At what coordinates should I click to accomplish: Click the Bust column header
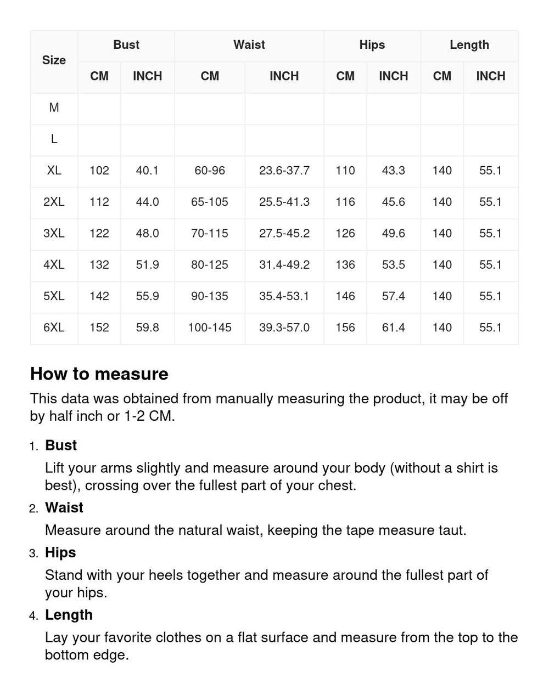[x=126, y=45]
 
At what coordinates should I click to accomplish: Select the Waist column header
[x=249, y=45]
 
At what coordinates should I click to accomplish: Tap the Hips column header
[x=372, y=45]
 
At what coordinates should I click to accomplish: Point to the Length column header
[x=469, y=45]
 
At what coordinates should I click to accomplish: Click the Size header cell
[x=54, y=60]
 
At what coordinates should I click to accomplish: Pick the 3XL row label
[x=54, y=233]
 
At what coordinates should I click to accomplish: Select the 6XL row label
[x=54, y=327]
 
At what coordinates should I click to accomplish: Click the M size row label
[x=54, y=108]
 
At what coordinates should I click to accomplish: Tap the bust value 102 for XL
[x=99, y=171]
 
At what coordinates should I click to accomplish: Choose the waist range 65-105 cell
[x=210, y=202]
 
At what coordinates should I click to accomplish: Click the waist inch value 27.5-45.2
[x=284, y=233]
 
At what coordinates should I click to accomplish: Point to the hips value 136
[x=345, y=264]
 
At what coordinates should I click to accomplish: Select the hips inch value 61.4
[x=393, y=327]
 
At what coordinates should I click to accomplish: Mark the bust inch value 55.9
[x=147, y=296]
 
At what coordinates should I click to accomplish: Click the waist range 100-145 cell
[x=210, y=327]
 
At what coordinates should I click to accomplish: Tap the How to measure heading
[x=99, y=374]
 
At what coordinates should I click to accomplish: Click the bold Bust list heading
[x=61, y=445]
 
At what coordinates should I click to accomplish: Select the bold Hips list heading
[x=60, y=552]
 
